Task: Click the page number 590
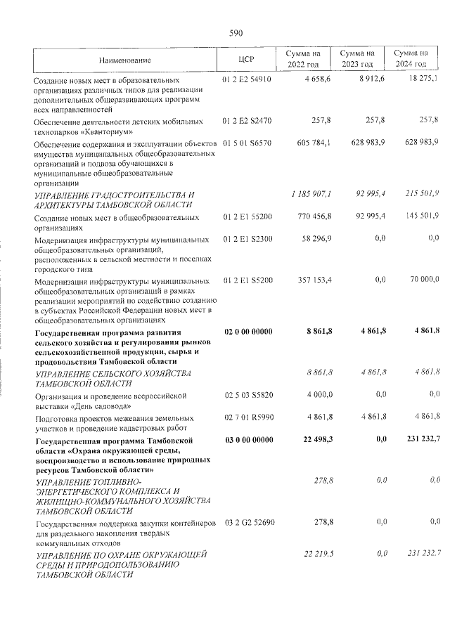click(236, 32)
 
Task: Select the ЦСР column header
click(246, 60)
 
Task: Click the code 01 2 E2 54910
click(247, 79)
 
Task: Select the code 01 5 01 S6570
click(247, 143)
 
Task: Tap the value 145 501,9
click(420, 217)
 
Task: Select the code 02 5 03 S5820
click(247, 396)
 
